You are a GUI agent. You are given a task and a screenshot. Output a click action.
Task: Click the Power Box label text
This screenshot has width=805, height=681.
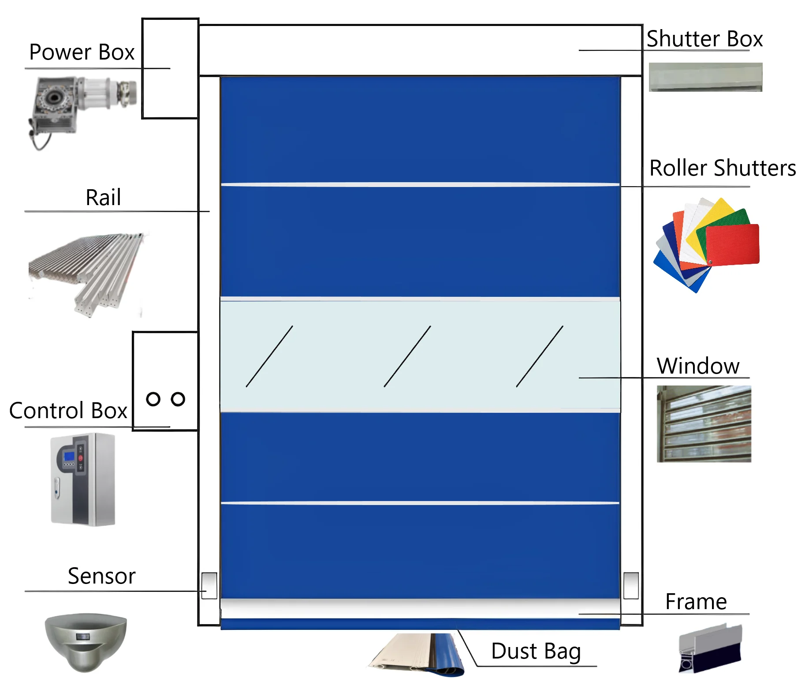click(82, 52)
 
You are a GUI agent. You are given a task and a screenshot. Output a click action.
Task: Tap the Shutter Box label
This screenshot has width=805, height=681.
click(704, 39)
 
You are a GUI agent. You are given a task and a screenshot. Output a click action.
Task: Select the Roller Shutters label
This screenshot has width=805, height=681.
click(722, 168)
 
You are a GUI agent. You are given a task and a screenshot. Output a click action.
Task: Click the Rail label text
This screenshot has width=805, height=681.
click(103, 197)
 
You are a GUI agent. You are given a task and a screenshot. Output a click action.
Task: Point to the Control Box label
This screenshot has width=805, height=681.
click(68, 411)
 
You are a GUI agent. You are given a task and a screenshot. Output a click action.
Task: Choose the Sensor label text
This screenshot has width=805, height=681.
click(101, 576)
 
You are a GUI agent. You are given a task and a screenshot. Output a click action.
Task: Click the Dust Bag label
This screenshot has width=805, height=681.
click(536, 651)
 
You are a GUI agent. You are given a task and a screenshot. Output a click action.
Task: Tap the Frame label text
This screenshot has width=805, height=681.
click(696, 602)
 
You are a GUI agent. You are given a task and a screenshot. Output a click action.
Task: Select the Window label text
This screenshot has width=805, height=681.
click(697, 366)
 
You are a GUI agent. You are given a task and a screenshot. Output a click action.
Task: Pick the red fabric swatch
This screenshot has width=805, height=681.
click(733, 245)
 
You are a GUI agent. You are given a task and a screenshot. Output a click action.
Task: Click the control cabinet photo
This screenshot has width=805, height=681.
click(83, 479)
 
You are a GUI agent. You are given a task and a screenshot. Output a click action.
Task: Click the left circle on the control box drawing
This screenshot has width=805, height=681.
click(153, 399)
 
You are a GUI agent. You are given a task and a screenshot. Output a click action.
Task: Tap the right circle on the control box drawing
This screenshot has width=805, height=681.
click(178, 399)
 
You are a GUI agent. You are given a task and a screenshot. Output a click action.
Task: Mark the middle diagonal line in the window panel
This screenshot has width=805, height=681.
click(407, 356)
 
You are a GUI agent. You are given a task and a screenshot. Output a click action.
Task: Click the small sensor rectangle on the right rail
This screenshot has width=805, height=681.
click(631, 585)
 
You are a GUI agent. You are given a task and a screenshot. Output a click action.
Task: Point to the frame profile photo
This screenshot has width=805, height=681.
click(710, 648)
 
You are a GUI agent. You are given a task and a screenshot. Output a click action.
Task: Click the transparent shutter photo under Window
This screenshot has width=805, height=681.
click(704, 424)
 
